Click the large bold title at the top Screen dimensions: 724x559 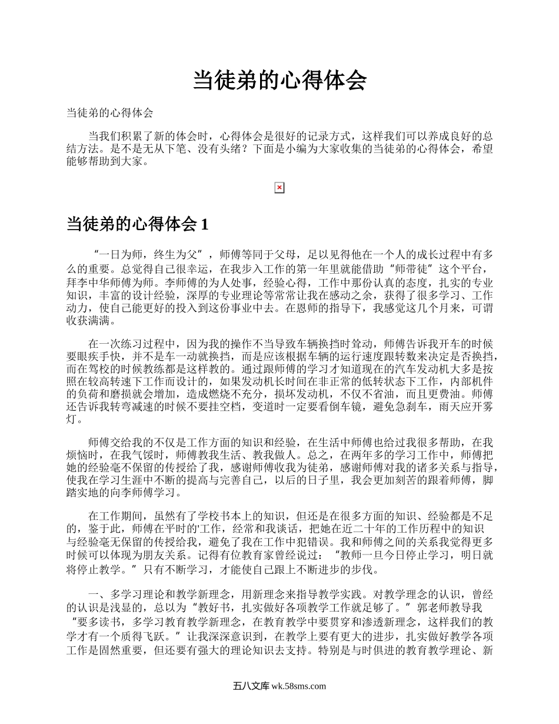point(279,81)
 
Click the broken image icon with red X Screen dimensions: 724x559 point(279,188)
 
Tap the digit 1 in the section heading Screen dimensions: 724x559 point(204,224)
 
